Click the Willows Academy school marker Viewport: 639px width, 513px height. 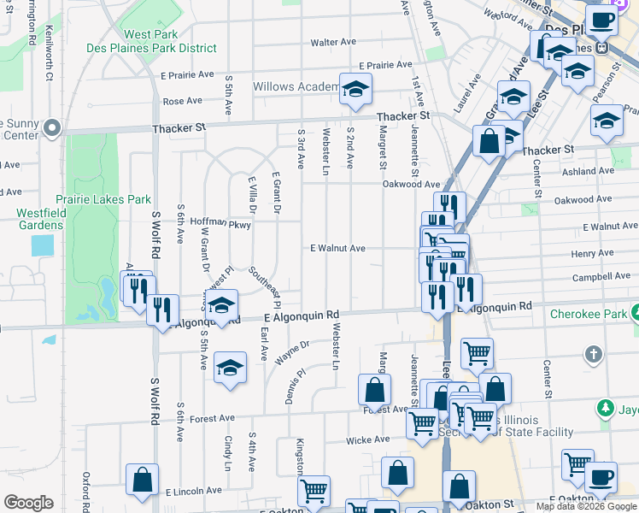click(355, 90)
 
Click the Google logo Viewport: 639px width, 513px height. click(28, 503)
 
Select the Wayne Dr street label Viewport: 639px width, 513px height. click(292, 352)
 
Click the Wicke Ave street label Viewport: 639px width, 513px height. click(367, 439)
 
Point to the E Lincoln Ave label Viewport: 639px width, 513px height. click(194, 492)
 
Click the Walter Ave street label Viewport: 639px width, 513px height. click(333, 42)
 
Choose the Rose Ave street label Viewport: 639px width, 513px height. click(182, 101)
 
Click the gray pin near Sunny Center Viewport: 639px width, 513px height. click(51, 129)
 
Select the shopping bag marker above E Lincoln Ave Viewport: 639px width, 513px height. click(142, 480)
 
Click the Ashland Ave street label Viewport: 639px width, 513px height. click(589, 171)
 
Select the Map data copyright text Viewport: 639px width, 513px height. click(586, 506)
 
